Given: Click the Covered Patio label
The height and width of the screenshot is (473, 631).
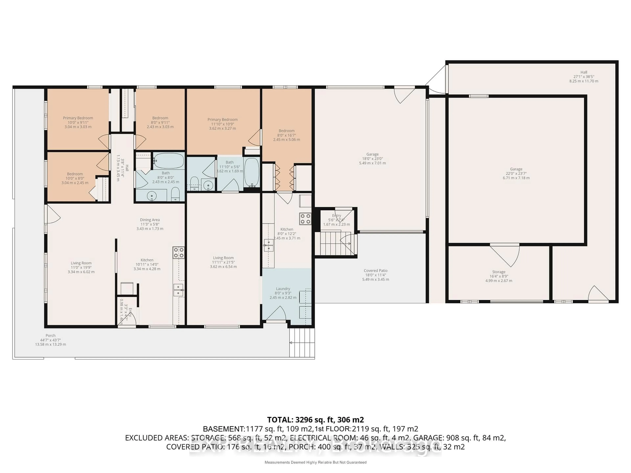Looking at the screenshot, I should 375,275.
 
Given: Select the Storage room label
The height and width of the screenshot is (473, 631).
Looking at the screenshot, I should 499,276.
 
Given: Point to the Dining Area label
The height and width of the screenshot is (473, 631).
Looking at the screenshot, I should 150,224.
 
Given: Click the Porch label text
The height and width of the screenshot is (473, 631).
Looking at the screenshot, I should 50,340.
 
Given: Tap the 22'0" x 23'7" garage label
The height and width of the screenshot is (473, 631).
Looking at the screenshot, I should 516,173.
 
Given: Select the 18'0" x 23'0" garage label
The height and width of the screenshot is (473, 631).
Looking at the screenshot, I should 372,158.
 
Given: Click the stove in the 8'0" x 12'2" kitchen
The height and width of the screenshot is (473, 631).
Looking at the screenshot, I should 305,219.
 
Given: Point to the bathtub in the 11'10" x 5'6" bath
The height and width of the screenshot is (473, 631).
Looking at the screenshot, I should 252,172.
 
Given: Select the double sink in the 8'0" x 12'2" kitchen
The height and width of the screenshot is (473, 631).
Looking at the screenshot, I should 269,245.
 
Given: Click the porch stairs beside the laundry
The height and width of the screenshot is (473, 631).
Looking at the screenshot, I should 302,342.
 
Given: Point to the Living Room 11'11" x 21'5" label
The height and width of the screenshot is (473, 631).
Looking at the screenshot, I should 223,262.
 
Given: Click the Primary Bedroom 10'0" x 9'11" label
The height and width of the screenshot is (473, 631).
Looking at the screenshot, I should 78,122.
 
